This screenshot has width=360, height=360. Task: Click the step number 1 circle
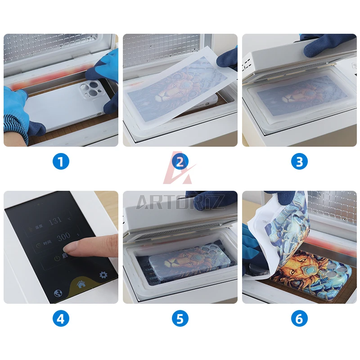point(61,161)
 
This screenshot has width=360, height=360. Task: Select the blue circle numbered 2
point(180,161)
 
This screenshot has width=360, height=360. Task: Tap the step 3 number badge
point(299,161)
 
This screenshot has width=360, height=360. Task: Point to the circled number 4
point(61,319)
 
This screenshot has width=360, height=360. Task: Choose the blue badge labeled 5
point(180,319)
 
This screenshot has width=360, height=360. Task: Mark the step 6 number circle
point(299,319)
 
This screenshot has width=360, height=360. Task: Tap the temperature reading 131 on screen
point(55,220)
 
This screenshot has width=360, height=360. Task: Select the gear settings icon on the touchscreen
point(103,274)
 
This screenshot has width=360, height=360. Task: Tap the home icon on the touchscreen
point(81,284)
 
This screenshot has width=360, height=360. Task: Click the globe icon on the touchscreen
point(58,292)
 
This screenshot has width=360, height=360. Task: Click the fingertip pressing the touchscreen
point(71,246)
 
